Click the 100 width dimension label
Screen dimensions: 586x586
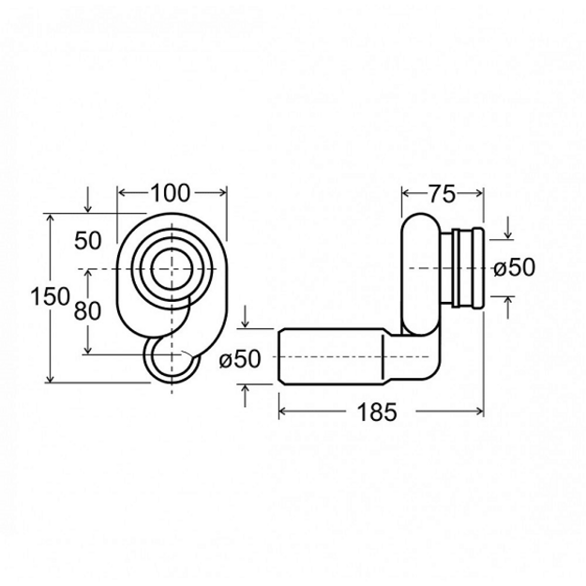[x=171, y=193]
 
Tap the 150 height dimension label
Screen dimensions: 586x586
[x=50, y=296]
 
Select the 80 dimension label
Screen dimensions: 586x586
[x=87, y=310]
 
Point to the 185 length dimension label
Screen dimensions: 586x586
[x=377, y=413]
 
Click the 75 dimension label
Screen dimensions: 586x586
[x=443, y=194]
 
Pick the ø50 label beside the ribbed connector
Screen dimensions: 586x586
[x=514, y=267]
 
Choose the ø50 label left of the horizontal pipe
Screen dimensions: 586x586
[x=240, y=359]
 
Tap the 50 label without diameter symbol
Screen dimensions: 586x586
[x=88, y=240]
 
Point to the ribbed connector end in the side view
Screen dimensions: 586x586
[x=468, y=268]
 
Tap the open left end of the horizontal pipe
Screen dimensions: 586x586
[x=280, y=355]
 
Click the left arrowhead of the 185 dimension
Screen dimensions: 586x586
[x=282, y=412]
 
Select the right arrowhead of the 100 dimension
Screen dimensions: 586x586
[x=223, y=192]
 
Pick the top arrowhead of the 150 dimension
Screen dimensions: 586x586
[x=50, y=218]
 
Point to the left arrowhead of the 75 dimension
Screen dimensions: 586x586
[x=406, y=193]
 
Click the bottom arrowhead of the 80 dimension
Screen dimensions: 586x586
[x=88, y=350]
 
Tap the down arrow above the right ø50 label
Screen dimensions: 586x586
[x=508, y=228]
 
